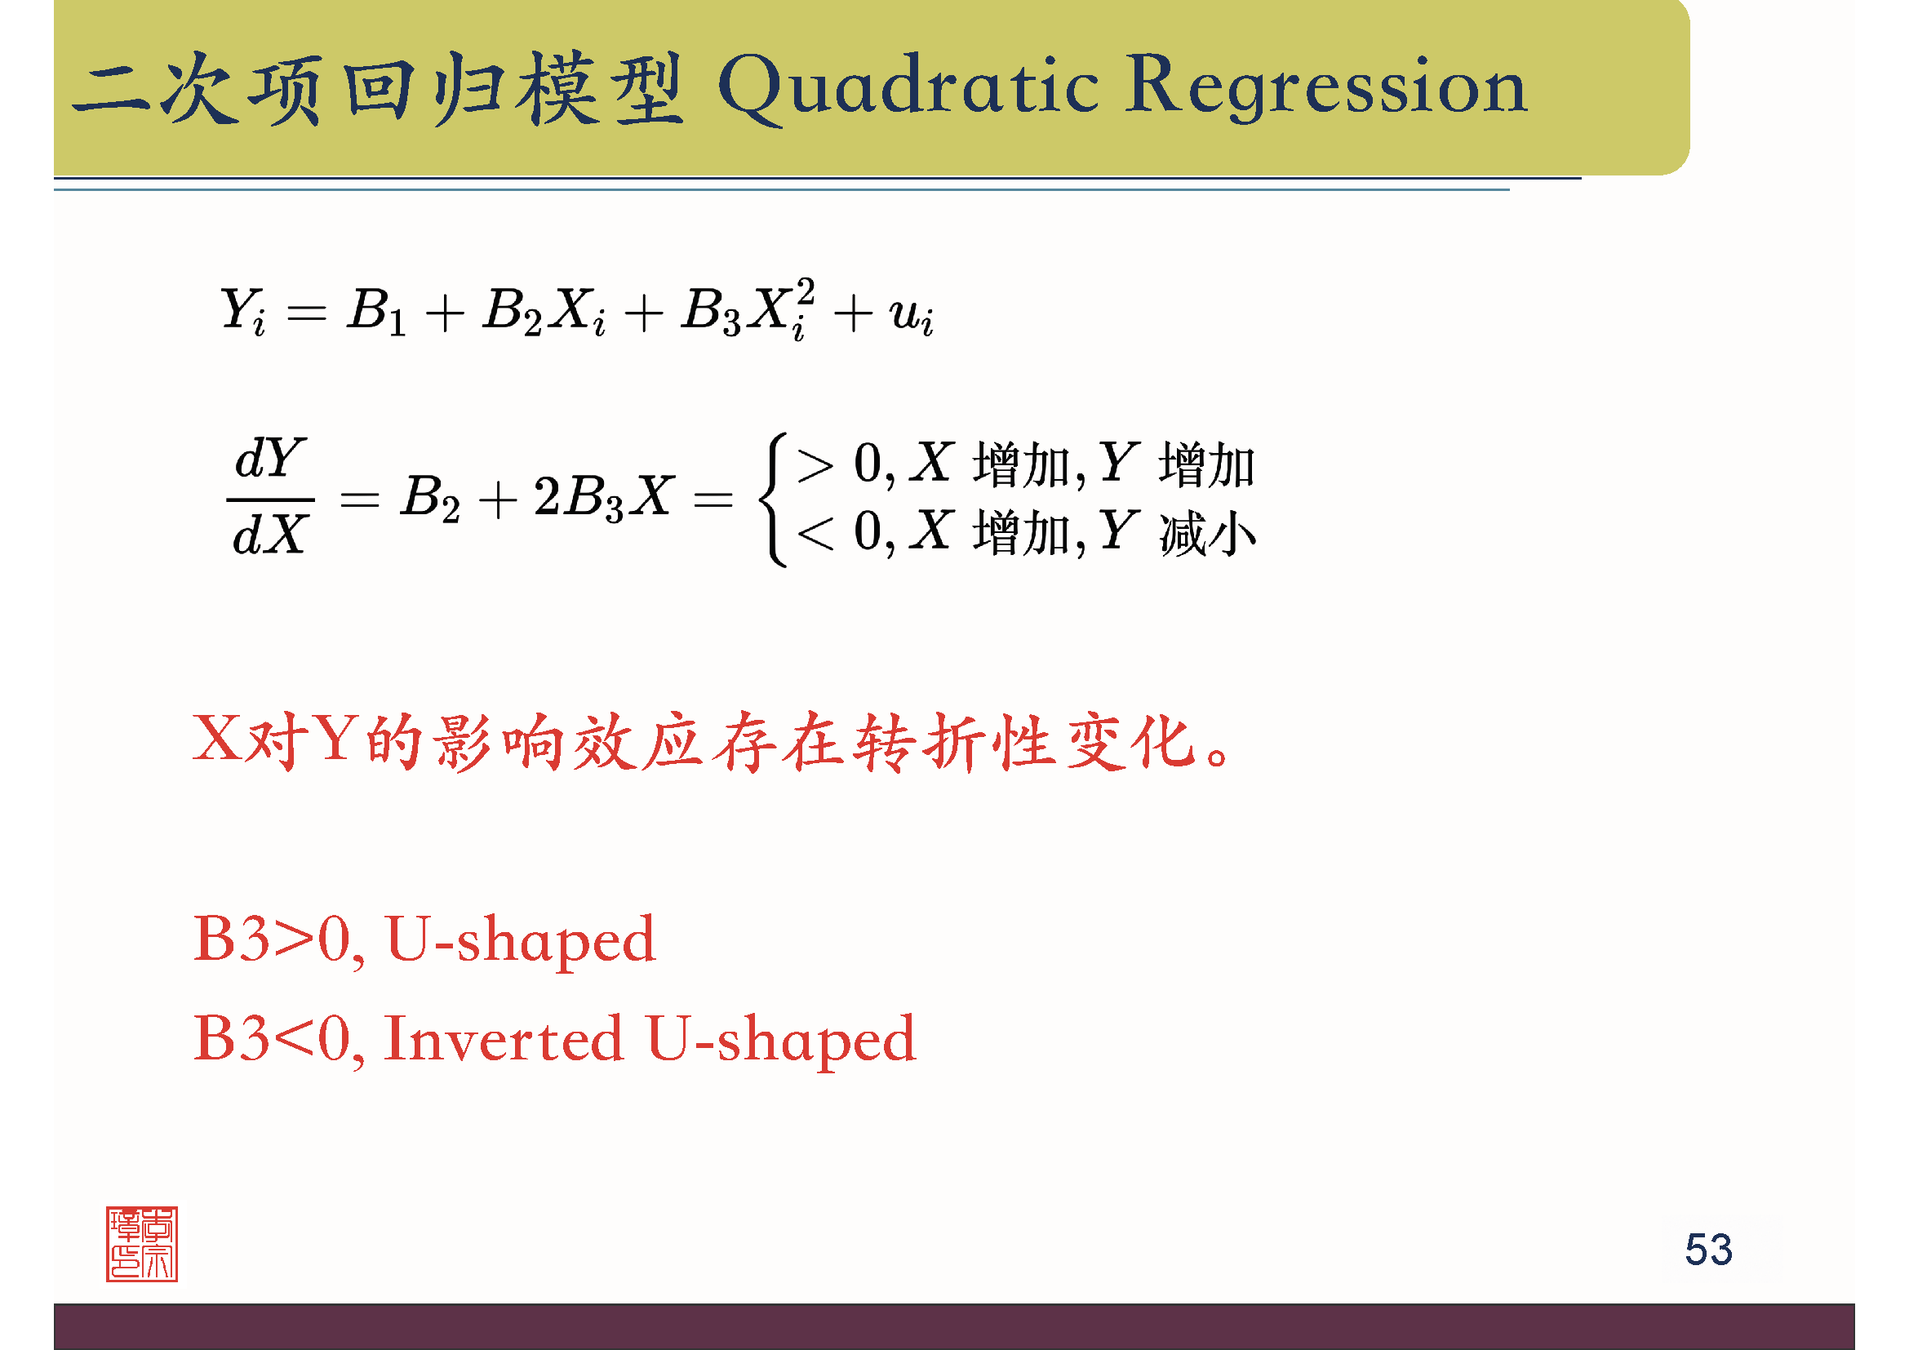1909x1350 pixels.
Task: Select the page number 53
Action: pyautogui.click(x=1707, y=1250)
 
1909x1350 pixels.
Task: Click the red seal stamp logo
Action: pyautogui.click(x=141, y=1244)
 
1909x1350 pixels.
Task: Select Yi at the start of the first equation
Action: pyautogui.click(x=242, y=311)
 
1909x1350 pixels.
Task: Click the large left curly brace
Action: pyautogui.click(x=773, y=499)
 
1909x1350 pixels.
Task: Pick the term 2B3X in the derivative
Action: pyautogui.click(x=603, y=497)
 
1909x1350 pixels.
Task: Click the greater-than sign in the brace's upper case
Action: pyautogui.click(x=815, y=464)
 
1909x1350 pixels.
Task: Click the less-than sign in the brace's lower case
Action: pyautogui.click(x=815, y=533)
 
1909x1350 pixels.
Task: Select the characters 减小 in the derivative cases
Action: pyautogui.click(x=1207, y=533)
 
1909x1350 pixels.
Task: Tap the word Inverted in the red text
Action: pyautogui.click(x=503, y=1038)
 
